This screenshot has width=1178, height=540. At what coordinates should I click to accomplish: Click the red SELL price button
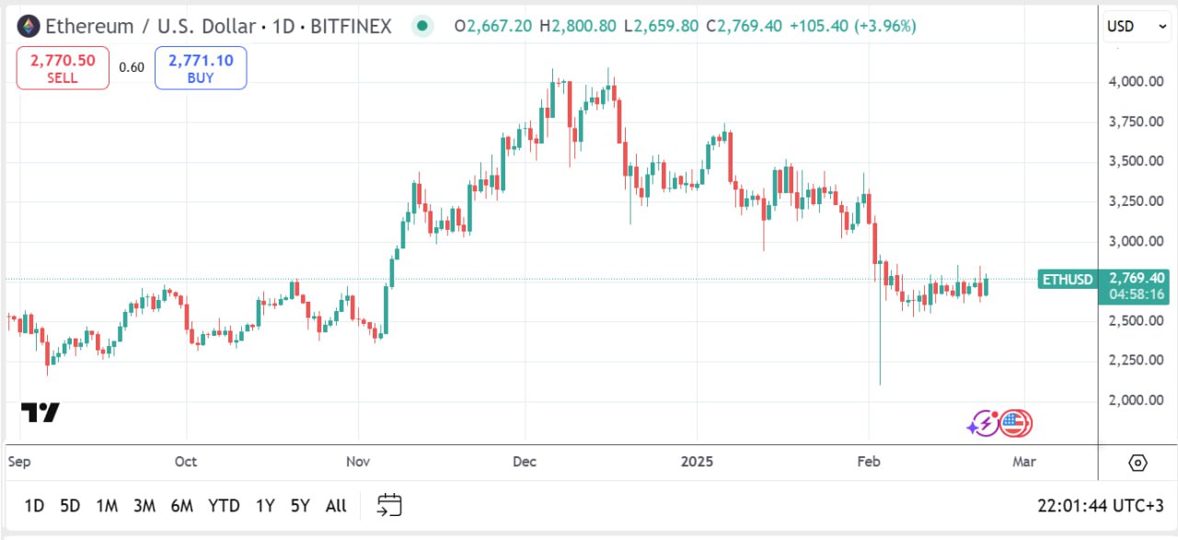(x=63, y=68)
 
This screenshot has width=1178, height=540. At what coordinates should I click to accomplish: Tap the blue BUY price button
(x=201, y=68)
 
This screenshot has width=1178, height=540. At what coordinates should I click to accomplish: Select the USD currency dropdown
(x=1137, y=27)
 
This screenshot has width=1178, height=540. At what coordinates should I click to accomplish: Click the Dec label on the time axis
(x=525, y=461)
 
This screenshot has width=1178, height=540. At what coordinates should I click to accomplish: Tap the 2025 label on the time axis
(x=697, y=461)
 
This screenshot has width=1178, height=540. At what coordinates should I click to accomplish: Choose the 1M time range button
(x=107, y=505)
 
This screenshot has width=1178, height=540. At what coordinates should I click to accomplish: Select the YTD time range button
(x=224, y=505)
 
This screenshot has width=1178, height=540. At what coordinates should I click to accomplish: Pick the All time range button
(x=336, y=505)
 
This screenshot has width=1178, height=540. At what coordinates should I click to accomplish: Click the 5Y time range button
(x=300, y=505)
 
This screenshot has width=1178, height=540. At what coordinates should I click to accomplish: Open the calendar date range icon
(x=389, y=504)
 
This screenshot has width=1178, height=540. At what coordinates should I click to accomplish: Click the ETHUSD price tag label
(x=1067, y=279)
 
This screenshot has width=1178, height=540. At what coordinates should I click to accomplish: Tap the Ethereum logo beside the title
(x=29, y=26)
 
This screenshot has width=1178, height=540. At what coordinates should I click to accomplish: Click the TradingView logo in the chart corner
(x=40, y=413)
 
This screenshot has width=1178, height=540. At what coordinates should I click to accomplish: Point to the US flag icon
(x=1016, y=423)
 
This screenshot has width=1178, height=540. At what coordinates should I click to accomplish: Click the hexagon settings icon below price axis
(x=1138, y=462)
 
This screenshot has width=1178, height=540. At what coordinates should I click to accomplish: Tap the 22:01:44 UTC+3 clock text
(x=1101, y=505)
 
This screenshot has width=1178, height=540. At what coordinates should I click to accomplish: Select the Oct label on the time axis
(x=186, y=461)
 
